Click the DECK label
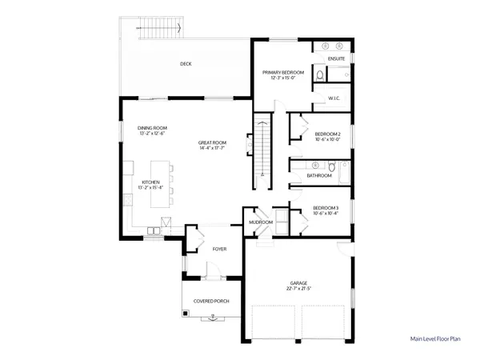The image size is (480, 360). click(186, 64)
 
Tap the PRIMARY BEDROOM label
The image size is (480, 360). click(279, 72)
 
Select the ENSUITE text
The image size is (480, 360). click(336, 59)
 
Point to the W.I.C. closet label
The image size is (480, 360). click(334, 98)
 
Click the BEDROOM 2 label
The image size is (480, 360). click(327, 134)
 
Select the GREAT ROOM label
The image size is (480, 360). click(212, 142)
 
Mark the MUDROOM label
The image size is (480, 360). click(261, 222)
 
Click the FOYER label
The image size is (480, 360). click(219, 249)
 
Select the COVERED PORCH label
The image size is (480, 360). click(212, 302)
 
